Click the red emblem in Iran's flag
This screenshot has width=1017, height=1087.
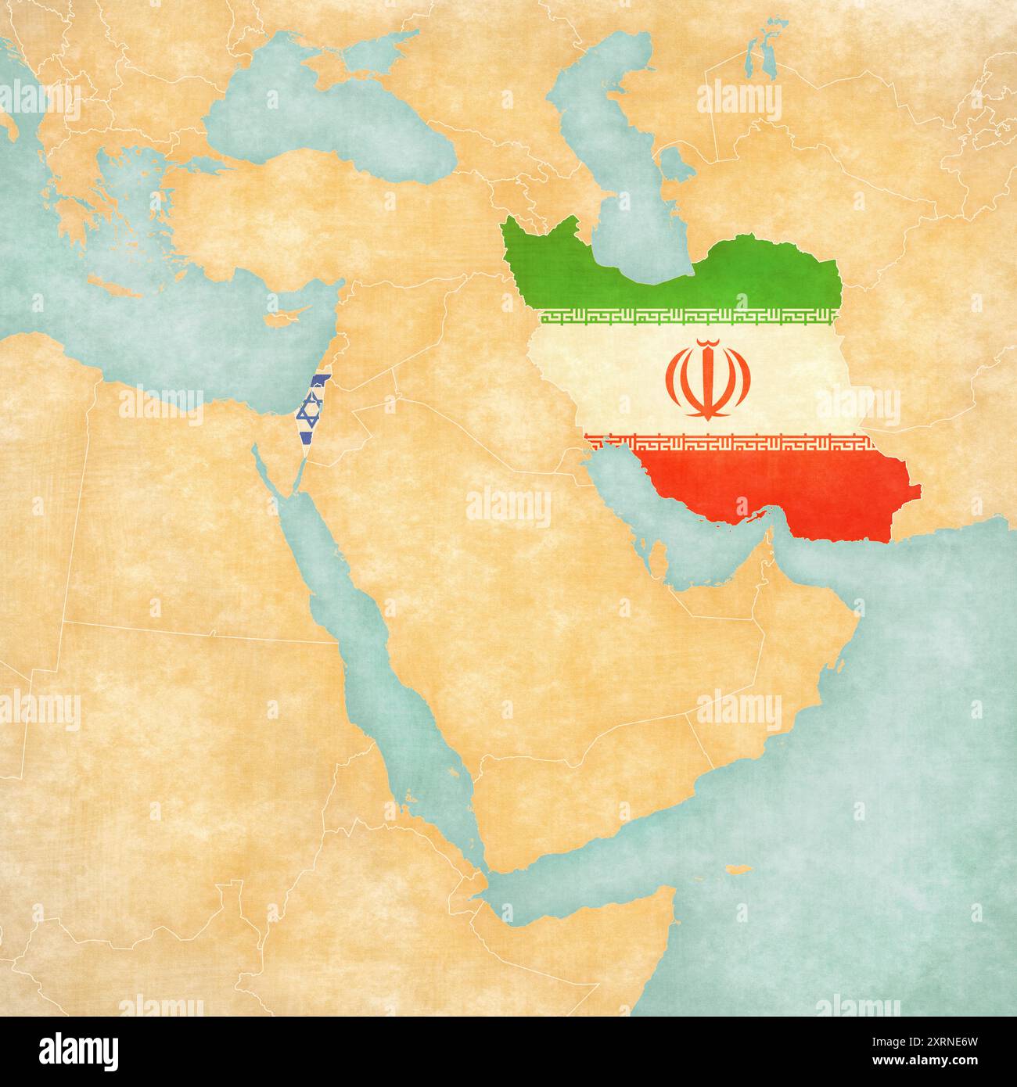tap(708, 379)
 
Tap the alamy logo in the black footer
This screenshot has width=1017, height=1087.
tap(79, 1050)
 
